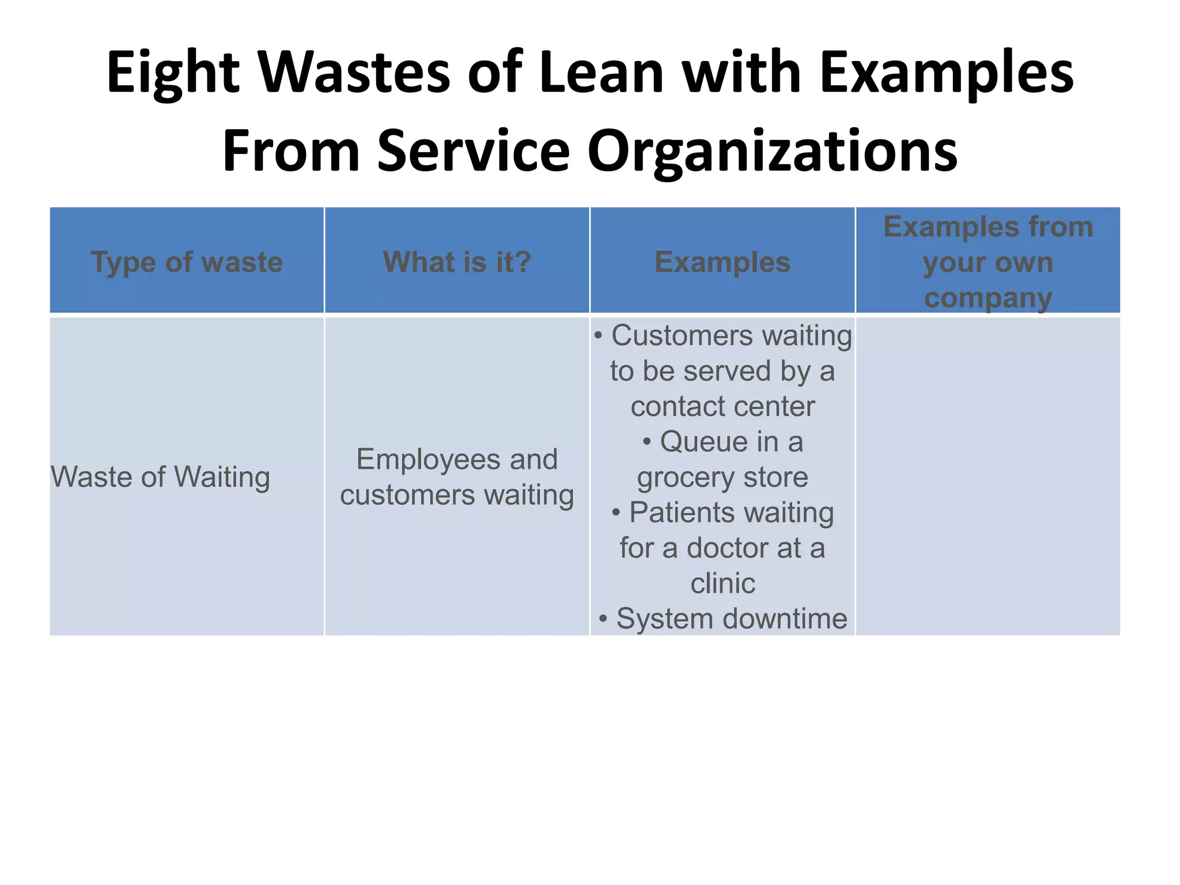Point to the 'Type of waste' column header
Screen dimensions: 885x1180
[187, 262]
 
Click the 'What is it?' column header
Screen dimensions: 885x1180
[457, 262]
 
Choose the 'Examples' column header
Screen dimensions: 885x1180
[723, 262]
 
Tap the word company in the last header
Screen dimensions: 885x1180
[988, 298]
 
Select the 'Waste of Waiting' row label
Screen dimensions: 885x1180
[161, 477]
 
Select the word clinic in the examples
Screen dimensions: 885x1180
[723, 584]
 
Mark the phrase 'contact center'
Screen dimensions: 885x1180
[723, 407]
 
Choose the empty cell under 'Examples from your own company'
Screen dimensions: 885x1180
[988, 477]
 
